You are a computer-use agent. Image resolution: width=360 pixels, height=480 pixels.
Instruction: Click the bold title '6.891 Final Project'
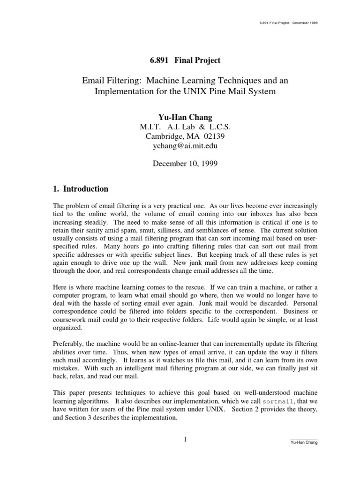[x=180, y=61]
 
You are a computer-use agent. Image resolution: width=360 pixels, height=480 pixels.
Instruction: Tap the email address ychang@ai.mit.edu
[x=180, y=145]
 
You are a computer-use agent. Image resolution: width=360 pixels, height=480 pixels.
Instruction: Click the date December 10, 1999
[x=180, y=165]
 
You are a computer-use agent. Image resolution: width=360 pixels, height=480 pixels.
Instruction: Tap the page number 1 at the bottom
[x=185, y=439]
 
